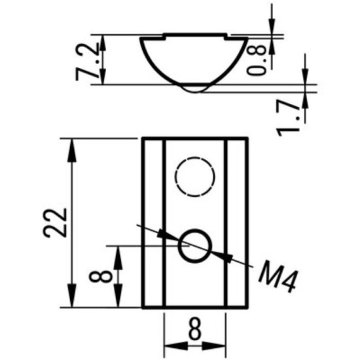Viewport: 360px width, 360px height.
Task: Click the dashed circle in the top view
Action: [x=194, y=177]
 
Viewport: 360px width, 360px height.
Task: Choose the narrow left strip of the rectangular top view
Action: [x=153, y=223]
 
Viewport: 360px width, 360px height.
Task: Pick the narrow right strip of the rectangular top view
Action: [x=236, y=223]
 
